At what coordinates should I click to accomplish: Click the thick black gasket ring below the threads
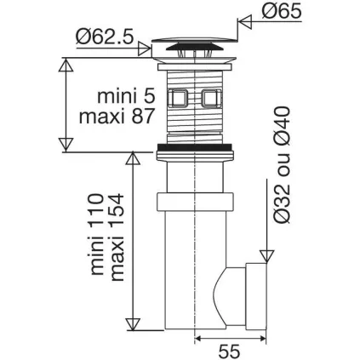click(x=196, y=152)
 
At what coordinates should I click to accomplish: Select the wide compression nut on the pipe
click(x=196, y=205)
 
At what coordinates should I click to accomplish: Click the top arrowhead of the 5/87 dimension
click(x=66, y=62)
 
